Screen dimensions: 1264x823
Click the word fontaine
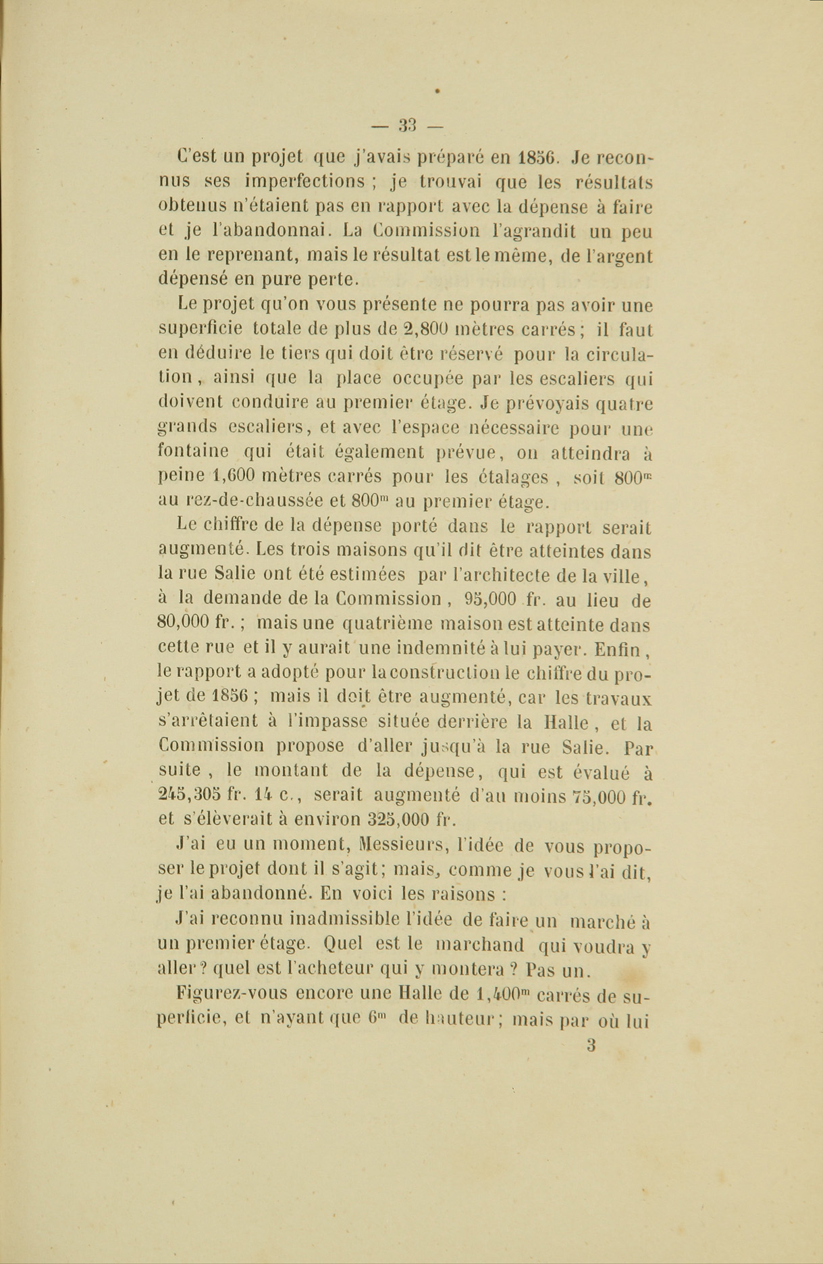193,451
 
